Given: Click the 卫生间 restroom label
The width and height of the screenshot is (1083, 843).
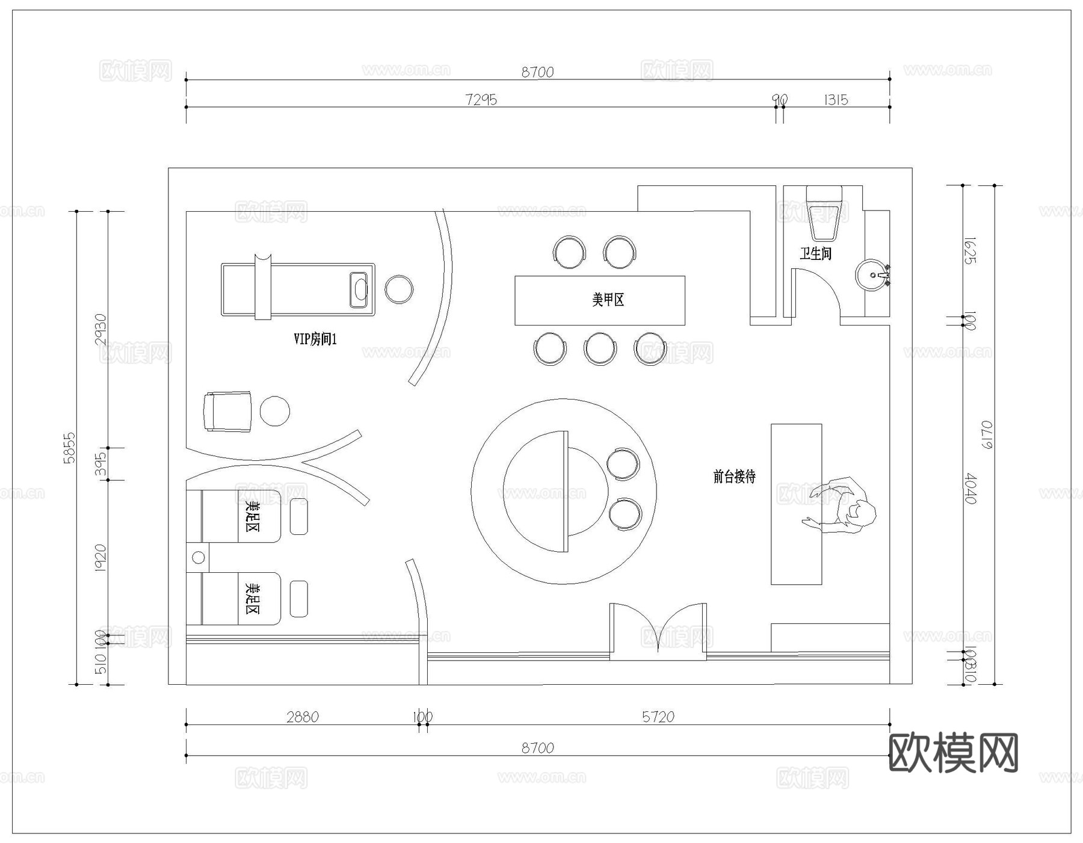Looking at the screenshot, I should tap(815, 253).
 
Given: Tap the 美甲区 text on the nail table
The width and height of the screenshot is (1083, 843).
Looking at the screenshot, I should tap(608, 299).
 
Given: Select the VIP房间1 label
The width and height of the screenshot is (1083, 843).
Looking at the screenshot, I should tap(315, 339).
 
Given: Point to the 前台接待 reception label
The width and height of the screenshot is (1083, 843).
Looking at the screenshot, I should tap(734, 477).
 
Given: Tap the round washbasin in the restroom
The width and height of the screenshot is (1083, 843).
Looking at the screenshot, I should tap(871, 276).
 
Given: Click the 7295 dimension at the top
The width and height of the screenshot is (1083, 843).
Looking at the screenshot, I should tap(481, 99).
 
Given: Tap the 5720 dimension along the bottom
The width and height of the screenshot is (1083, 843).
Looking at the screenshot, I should tap(658, 717).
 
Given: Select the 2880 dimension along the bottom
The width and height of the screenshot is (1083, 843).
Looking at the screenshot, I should tap(302, 717).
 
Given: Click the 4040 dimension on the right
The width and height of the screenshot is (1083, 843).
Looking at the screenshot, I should tap(970, 489).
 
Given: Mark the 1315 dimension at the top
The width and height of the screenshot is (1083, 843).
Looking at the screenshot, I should tap(836, 99).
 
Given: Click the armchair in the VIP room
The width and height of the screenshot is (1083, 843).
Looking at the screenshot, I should tap(227, 412).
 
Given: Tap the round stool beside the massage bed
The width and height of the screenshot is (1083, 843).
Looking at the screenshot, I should tap(399, 289).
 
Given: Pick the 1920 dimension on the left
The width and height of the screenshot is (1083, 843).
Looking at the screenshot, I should tap(100, 558).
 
